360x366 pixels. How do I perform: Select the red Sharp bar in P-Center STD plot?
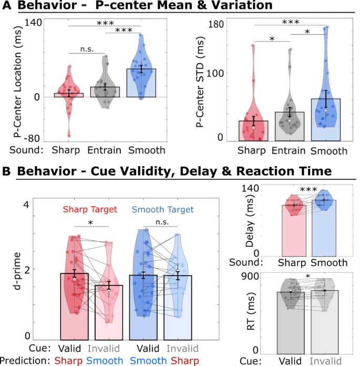click(253, 131)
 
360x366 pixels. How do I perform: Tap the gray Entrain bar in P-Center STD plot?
click(290, 127)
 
